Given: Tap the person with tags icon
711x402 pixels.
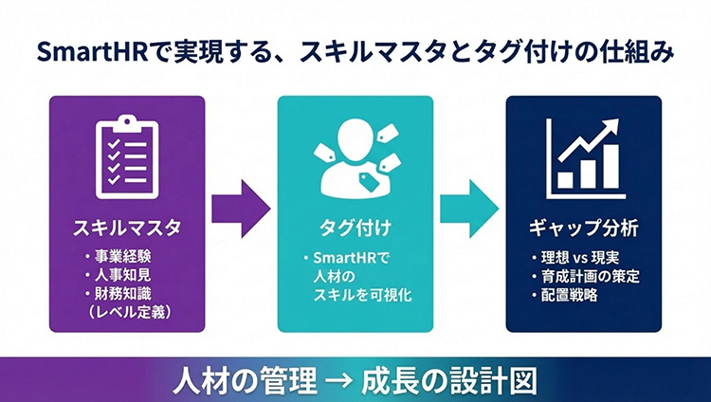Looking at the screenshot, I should pos(355,159).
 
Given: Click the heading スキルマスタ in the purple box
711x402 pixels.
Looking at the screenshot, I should pos(126,228).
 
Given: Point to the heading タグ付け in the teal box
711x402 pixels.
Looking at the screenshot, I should pos(355,228).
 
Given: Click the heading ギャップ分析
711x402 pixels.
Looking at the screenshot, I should pos(583,228).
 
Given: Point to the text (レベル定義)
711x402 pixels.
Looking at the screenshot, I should pos(126,310).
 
